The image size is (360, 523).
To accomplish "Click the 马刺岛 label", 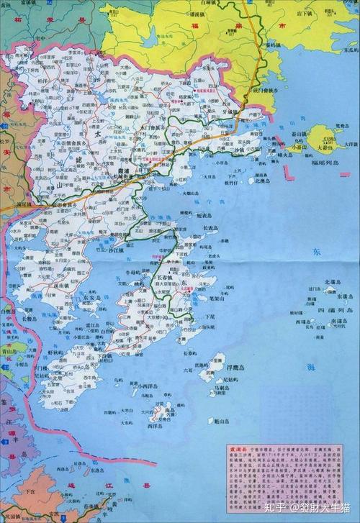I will (x=220, y=388).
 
